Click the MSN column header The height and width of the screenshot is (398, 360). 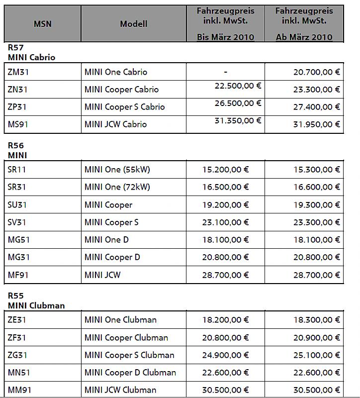(42, 24)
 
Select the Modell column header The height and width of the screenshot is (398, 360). (133, 24)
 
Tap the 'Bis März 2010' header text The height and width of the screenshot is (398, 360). (225, 37)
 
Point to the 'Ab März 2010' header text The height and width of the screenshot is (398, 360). (304, 37)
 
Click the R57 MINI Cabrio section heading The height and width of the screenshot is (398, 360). (31, 52)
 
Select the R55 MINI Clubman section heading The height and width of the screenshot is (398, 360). (36, 300)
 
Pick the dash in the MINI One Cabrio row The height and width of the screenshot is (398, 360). (225, 72)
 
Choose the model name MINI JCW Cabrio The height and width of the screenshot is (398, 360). (115, 124)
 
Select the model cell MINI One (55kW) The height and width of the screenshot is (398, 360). (117, 170)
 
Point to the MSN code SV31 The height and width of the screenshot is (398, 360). (17, 222)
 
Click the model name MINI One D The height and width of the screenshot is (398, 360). (106, 240)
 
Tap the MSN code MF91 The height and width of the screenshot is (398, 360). (17, 275)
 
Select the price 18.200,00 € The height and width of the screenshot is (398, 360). (225, 320)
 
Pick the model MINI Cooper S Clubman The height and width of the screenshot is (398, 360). (129, 355)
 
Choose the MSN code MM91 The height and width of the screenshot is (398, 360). (19, 390)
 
